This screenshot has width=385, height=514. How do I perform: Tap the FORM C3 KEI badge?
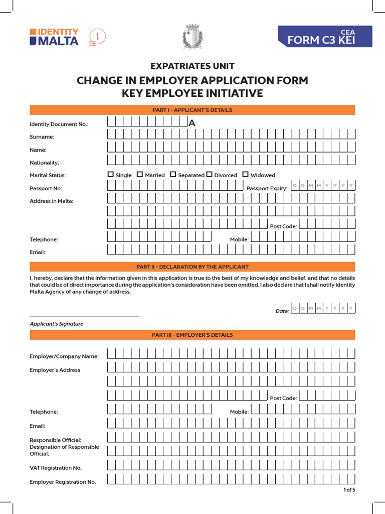[x=325, y=37]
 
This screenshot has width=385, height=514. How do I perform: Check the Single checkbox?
[x=111, y=175]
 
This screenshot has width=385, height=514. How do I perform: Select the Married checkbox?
[x=140, y=175]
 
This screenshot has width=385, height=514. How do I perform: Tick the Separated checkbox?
[x=173, y=175]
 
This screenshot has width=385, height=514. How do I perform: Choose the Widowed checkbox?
[x=246, y=175]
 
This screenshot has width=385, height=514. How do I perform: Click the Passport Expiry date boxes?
[x=323, y=186]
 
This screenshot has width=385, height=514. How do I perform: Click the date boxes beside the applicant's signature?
[x=323, y=308]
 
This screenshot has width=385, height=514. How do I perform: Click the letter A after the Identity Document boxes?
[x=191, y=123]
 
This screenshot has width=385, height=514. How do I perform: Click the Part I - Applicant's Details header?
[x=192, y=110]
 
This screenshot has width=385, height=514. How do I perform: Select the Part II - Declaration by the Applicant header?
[x=192, y=267]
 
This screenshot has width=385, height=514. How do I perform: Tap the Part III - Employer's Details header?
[x=192, y=335]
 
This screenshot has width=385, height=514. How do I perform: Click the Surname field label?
[x=42, y=137]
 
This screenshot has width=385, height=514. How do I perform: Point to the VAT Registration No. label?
[x=56, y=468]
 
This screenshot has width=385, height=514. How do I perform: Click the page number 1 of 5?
[x=349, y=490]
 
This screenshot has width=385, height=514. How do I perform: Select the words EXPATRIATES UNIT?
[x=192, y=66]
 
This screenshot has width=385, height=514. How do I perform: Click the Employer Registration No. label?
[x=63, y=482]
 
